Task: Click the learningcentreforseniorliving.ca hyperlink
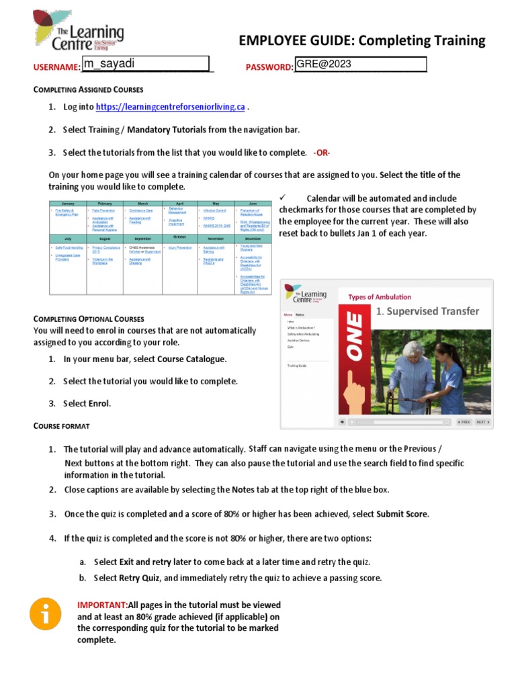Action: pos(170,107)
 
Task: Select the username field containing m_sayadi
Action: pos(146,64)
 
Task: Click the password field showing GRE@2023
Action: pos(361,64)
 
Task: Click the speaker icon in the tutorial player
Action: pos(342,422)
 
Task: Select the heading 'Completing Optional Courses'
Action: pos(89,318)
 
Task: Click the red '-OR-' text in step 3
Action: pos(322,153)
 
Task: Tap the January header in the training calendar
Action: pos(67,202)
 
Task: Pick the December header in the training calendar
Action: pos(252,239)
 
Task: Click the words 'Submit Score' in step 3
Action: pos(401,514)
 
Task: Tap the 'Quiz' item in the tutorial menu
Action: pos(290,347)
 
